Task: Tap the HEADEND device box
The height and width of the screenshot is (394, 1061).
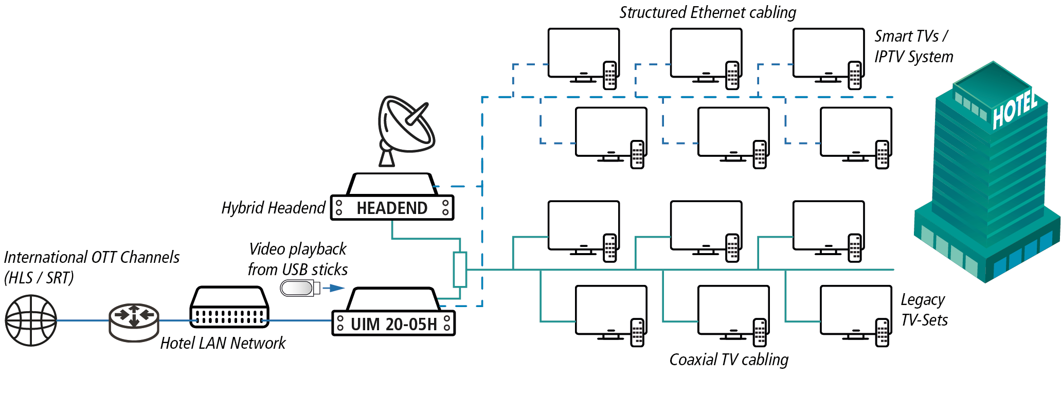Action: [x=392, y=207]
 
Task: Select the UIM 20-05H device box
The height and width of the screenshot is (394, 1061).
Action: [x=393, y=324]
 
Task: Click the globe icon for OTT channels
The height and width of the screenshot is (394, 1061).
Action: [x=31, y=320]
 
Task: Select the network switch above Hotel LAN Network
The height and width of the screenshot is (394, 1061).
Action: [x=229, y=307]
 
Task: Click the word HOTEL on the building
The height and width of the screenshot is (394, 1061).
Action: [x=1014, y=109]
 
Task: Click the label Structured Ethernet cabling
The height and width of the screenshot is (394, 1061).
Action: [x=708, y=12]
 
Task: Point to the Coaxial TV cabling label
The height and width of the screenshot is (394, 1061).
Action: [x=729, y=360]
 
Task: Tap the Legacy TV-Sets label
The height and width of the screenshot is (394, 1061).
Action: [x=924, y=310]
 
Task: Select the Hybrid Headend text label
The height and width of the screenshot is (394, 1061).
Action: [x=273, y=208]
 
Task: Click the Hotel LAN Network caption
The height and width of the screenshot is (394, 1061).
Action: [x=223, y=343]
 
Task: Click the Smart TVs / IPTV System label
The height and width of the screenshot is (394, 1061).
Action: [x=913, y=46]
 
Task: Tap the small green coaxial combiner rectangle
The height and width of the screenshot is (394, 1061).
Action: [x=460, y=270]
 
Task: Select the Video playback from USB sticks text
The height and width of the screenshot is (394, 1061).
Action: [x=298, y=259]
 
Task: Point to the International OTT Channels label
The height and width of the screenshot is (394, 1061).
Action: [x=92, y=267]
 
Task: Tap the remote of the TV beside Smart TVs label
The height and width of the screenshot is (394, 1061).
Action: [x=855, y=75]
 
